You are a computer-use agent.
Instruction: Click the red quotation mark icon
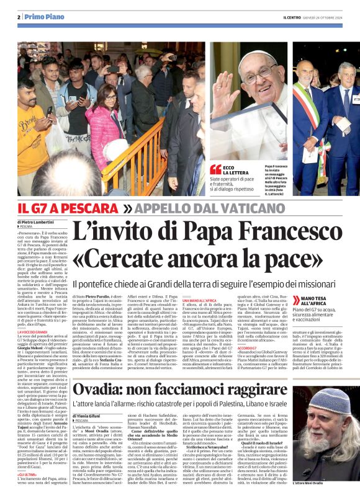point(215,169)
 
